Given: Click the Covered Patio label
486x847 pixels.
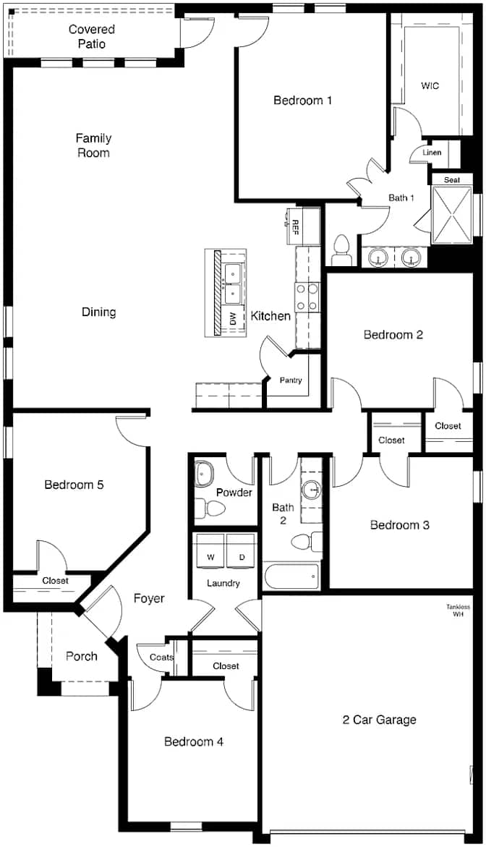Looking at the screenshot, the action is coord(92,36).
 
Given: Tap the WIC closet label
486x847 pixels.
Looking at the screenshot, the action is coord(430,85).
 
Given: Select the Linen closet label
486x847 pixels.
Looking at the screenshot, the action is coord(432,153).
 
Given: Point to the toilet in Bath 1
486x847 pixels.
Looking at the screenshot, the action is coord(341,250).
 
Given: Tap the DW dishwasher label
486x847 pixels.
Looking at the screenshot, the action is coord(234,320).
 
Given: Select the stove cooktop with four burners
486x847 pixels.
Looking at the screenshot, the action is coord(307,297).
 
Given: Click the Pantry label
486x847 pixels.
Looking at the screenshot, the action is coord(291,380).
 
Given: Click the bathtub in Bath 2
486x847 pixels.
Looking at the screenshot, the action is coord(291,576).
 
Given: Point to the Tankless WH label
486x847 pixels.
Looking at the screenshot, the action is coord(458,610).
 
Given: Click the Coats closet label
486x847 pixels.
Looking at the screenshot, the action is coord(161,657).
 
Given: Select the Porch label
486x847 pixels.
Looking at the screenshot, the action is coord(82,656).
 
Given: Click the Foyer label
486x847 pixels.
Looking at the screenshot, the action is coord(149,598).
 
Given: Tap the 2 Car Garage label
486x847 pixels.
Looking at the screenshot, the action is coord(379,720).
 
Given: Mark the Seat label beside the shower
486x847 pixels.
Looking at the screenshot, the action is coord(452,180).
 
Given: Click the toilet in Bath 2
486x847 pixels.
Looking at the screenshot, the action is coord(306,541).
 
